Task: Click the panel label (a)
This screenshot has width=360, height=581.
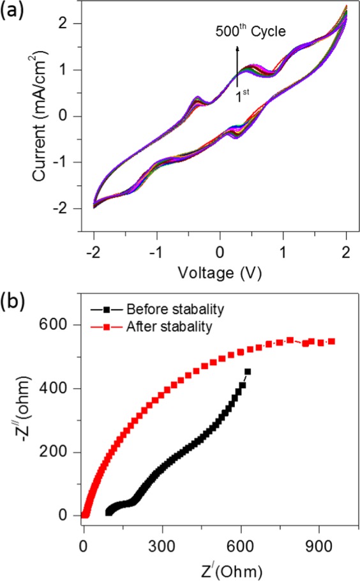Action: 13,11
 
